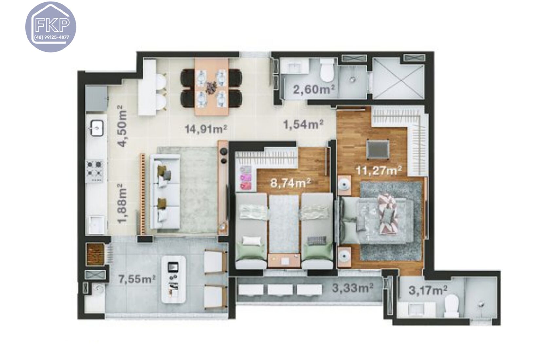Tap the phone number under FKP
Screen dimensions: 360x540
coord(52,37)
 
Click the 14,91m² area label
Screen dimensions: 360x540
coord(206,129)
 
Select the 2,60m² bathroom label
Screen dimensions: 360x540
coord(314,89)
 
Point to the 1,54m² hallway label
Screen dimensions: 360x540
coord(303,124)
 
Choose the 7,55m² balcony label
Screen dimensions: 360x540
coord(137,279)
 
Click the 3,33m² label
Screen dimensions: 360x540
coord(352,288)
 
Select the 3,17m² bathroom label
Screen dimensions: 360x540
coord(428,290)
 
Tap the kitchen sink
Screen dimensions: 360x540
coord(97,128)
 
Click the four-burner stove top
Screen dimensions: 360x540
coord(95,169)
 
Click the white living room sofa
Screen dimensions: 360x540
coord(165,192)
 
